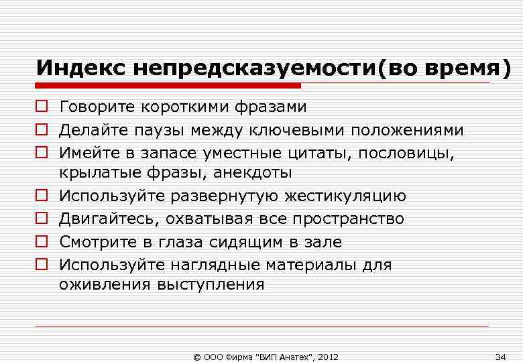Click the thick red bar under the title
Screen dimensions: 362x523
tap(168, 86)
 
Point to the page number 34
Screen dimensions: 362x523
tap(500, 356)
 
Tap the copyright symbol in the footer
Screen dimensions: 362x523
tap(196, 356)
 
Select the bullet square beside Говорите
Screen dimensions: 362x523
tap(42, 107)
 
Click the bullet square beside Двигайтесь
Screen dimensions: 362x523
tap(42, 219)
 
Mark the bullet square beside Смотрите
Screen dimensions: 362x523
tap(42, 242)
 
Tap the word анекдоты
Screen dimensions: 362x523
tap(253, 174)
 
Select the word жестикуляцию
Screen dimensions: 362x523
tap(345, 196)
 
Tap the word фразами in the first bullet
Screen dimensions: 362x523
tap(272, 107)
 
